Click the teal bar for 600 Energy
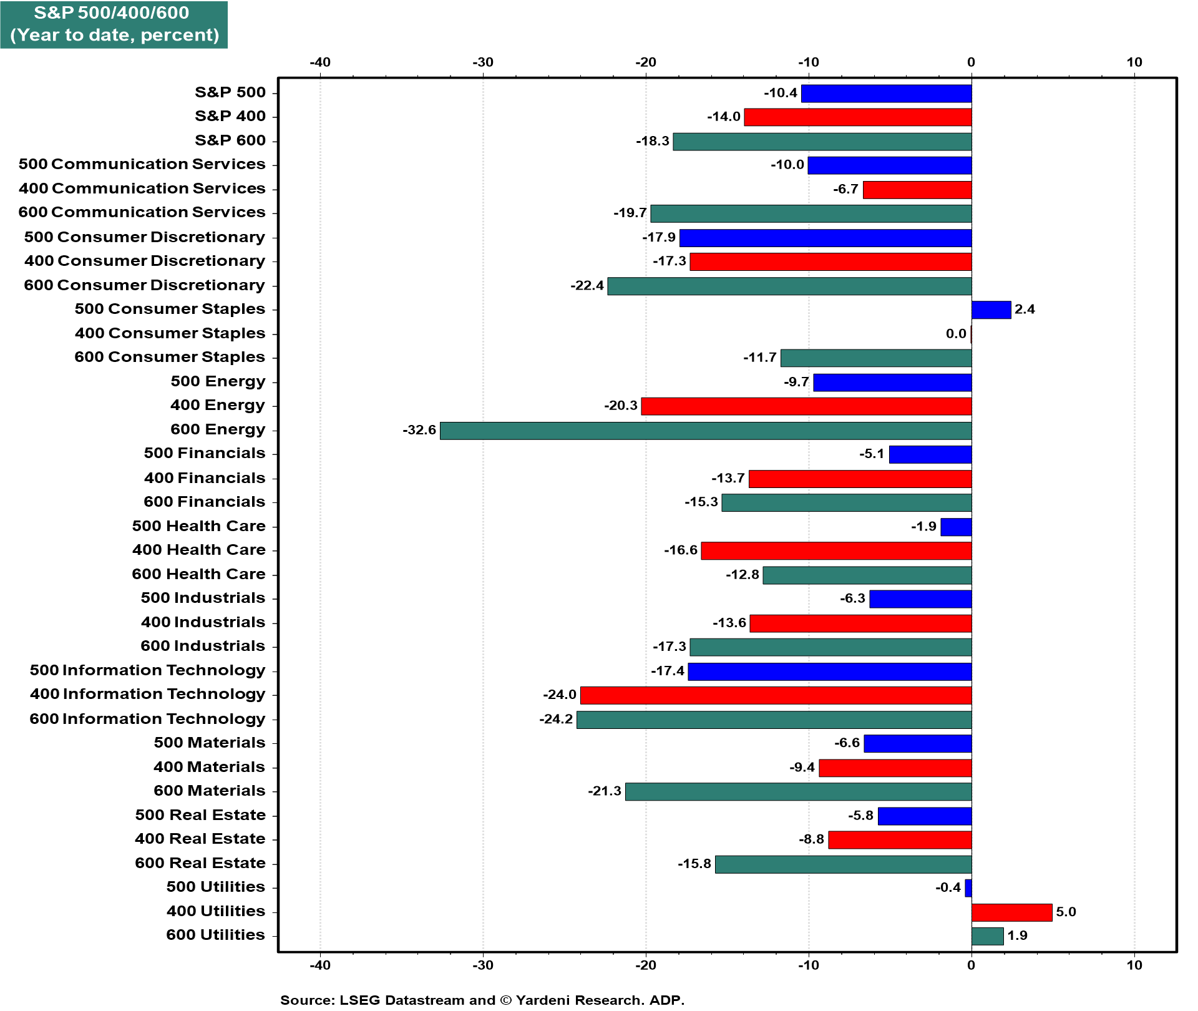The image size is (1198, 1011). tap(705, 431)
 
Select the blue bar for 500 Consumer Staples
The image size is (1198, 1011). tap(991, 310)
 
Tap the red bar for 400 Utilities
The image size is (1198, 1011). tap(1011, 912)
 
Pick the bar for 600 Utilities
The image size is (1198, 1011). tap(987, 936)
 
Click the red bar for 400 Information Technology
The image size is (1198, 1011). tap(776, 695)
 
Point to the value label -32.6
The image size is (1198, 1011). tap(419, 430)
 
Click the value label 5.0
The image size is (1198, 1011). tap(1066, 912)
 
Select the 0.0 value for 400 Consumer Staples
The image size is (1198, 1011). tap(956, 334)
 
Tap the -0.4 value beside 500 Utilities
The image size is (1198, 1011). tap(948, 887)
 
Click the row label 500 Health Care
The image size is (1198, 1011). tap(198, 526)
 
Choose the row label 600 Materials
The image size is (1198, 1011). tap(209, 791)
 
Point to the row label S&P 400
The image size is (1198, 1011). tap(230, 116)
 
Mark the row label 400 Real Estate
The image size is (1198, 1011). tap(200, 839)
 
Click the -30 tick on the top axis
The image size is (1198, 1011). tap(482, 62)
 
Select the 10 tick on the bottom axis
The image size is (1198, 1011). tap(1134, 965)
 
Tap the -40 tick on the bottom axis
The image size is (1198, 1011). tap(320, 965)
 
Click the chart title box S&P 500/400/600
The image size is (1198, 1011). tap(114, 24)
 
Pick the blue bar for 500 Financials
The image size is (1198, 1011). tap(930, 454)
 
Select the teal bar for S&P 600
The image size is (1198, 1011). tap(822, 142)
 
